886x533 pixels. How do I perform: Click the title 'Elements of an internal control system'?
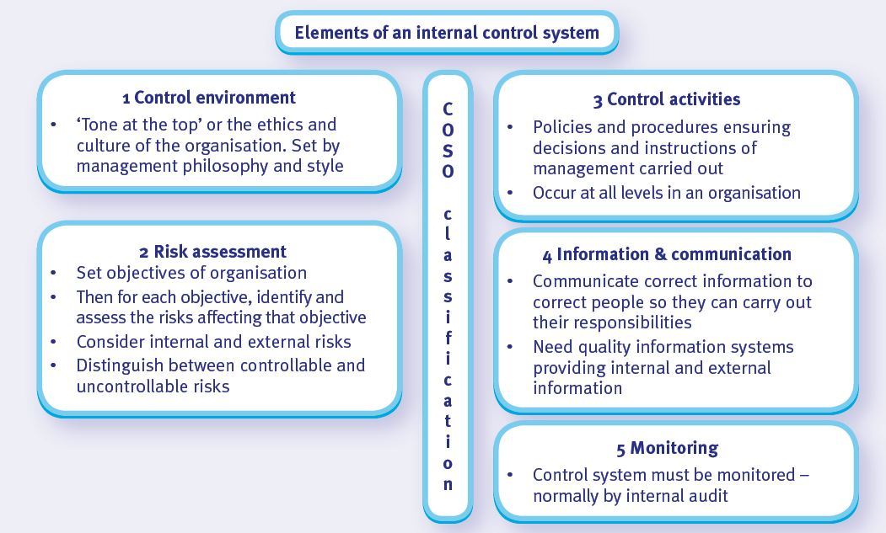447,33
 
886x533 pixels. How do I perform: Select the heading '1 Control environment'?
209,98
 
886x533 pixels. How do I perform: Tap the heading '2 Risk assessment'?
212,251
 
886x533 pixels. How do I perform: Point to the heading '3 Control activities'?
666,99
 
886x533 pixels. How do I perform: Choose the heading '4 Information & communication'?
667,254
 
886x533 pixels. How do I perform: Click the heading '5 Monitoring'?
667,448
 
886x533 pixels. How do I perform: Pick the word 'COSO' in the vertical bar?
448,140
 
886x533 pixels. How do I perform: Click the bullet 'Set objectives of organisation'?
191,273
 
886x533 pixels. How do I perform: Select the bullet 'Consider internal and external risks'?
213,341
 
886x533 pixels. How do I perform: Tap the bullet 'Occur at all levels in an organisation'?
666,192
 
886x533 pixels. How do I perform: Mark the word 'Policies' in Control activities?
561,127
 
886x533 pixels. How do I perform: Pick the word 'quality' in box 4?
603,347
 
